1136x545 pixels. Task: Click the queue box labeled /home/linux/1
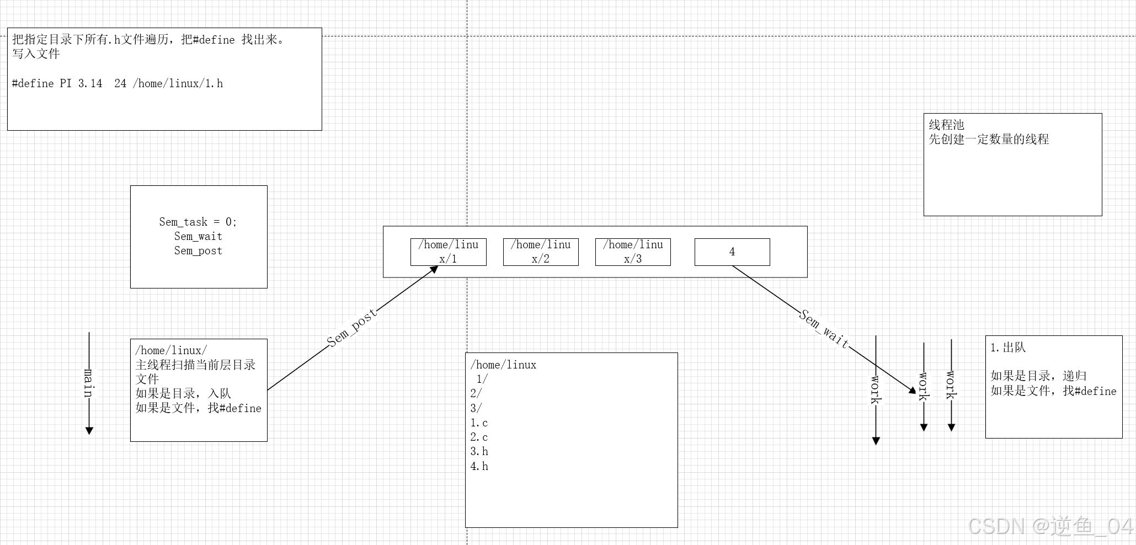coord(448,252)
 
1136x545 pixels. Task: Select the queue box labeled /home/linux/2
coord(541,252)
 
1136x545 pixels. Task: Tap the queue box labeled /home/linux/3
coord(633,252)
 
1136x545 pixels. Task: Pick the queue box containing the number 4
coord(732,252)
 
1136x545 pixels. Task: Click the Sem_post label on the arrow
coord(351,328)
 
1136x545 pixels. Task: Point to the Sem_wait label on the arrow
coord(824,329)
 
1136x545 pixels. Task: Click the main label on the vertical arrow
coord(89,382)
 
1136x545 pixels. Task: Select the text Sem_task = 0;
coord(198,222)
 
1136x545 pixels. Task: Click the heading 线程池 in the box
coord(946,125)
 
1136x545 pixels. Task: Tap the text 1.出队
coord(1007,348)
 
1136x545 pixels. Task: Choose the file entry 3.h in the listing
coord(479,451)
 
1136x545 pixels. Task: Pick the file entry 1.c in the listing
coord(479,423)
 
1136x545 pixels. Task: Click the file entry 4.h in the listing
coord(479,466)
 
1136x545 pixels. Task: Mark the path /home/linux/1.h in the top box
coord(178,83)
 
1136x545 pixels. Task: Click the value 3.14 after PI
coord(90,83)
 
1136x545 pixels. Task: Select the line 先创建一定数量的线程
coord(989,139)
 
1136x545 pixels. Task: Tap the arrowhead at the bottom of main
coord(89,430)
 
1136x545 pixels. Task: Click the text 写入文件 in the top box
coord(36,54)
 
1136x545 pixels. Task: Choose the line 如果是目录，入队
coord(183,393)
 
